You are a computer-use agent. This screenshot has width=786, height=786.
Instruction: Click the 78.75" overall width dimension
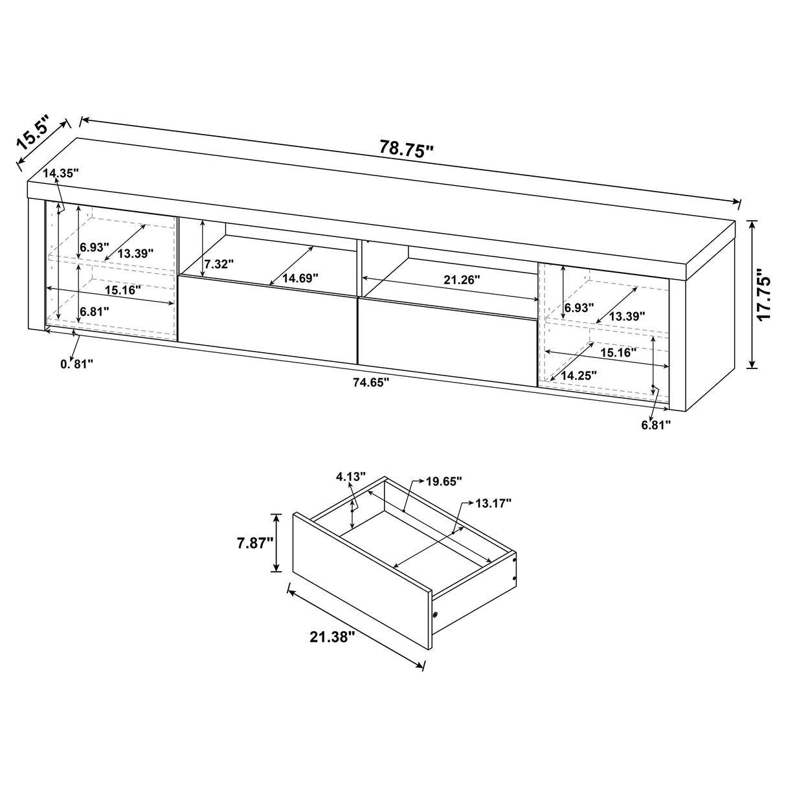tap(406, 149)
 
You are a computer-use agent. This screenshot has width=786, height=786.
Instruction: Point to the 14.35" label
tap(62, 173)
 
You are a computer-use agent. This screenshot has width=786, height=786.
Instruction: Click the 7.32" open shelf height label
tap(218, 264)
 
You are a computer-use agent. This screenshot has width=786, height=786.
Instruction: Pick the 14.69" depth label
tap(300, 278)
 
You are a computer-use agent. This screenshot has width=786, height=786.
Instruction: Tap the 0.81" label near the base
tap(77, 364)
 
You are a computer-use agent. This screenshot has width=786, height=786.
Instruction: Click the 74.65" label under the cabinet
tap(370, 382)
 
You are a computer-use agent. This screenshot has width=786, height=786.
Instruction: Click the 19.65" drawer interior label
tap(444, 481)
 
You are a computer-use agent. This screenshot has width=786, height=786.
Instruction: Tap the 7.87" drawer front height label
tap(253, 542)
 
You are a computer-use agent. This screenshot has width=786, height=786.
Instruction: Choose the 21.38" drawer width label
tap(333, 637)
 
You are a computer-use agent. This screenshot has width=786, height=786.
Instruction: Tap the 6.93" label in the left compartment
tap(95, 247)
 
